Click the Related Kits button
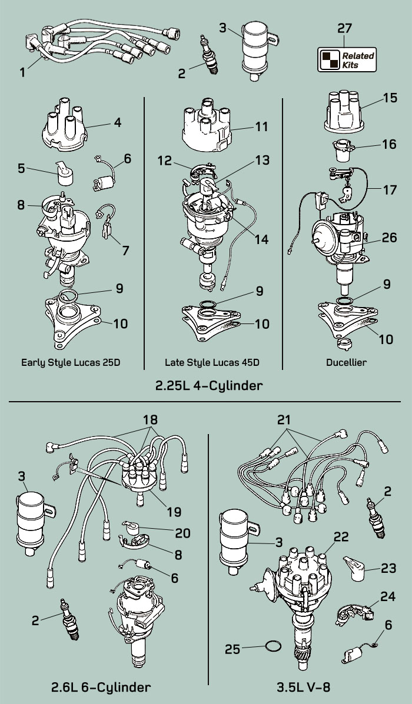coord(347,59)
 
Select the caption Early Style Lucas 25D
coord(71,362)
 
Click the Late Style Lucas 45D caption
coord(212,362)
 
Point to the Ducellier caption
coord(346,362)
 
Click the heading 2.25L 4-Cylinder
coord(208,386)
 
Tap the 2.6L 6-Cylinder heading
coord(99,687)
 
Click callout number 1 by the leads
coord(22,72)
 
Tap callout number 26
coord(388,238)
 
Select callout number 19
coord(174,511)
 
